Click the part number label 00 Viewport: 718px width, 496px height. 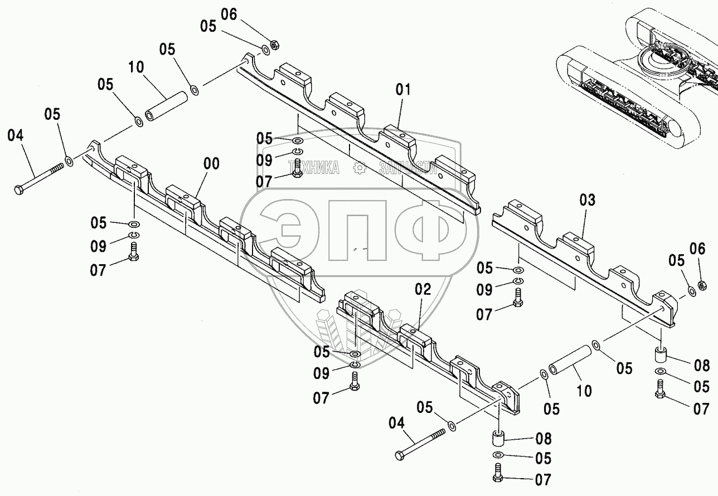pyautogui.click(x=211, y=164)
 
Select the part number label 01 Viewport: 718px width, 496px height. pyautogui.click(x=403, y=89)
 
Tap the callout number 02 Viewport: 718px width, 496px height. pyautogui.click(x=423, y=289)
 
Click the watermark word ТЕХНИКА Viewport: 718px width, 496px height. pyautogui.click(x=313, y=167)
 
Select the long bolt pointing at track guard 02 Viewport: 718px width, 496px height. pyautogui.click(x=421, y=443)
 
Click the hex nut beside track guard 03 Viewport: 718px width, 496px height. pyautogui.click(x=704, y=285)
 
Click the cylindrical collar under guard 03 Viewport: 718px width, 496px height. pyautogui.click(x=661, y=354)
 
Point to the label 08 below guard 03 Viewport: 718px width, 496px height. pyautogui.click(x=702, y=366)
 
